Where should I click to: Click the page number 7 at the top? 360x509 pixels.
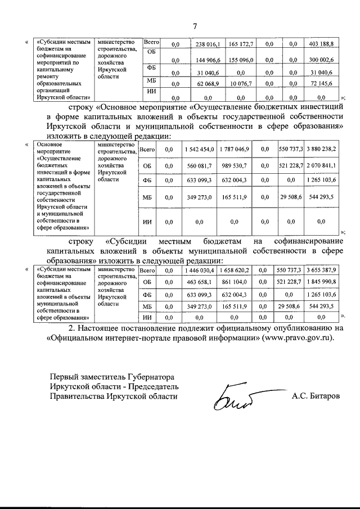pos(195,26)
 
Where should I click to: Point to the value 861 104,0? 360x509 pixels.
pos(234,282)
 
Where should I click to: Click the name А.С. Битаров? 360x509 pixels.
pos(316,396)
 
